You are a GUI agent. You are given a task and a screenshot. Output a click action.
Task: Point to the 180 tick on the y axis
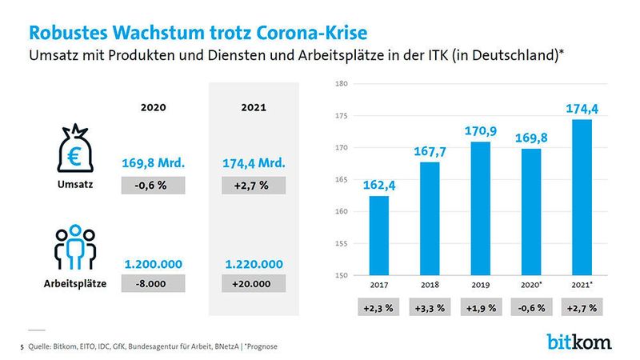(341, 83)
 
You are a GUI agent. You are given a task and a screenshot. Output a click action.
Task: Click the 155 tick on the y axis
(341, 244)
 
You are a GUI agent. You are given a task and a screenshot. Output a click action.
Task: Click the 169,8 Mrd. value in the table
(154, 163)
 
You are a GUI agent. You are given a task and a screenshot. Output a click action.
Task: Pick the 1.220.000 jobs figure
(253, 263)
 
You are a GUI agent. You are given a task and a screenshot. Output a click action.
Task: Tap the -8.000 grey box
(154, 283)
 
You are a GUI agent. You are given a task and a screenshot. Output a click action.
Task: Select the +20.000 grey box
(253, 283)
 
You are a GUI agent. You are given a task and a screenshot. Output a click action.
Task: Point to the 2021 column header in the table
(253, 106)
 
